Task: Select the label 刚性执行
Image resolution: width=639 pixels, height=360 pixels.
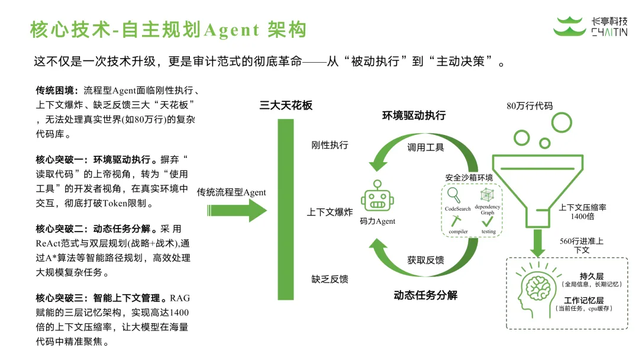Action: click(330, 145)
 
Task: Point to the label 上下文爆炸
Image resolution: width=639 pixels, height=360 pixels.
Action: click(330, 212)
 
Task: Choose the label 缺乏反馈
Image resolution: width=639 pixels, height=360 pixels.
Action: click(330, 278)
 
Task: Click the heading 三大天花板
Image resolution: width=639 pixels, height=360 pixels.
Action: click(286, 106)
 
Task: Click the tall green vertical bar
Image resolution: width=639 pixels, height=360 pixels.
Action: click(286, 210)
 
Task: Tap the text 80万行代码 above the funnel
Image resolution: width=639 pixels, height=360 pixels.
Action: click(530, 107)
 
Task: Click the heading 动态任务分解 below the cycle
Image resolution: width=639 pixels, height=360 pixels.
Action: click(425, 295)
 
